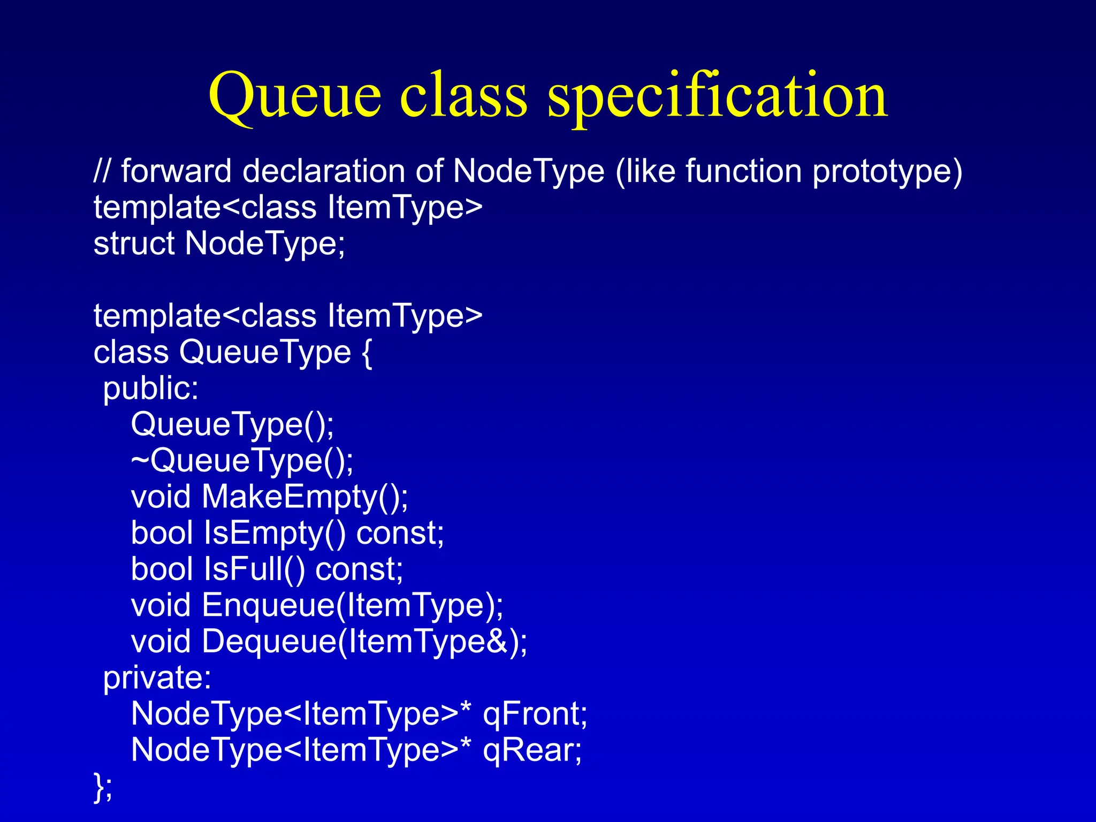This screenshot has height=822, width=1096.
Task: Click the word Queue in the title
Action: pos(295,96)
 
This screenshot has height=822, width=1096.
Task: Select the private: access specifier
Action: pos(157,678)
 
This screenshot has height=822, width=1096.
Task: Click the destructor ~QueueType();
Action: pos(242,461)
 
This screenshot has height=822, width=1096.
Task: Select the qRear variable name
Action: pos(532,750)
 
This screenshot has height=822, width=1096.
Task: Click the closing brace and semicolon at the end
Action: pos(103,787)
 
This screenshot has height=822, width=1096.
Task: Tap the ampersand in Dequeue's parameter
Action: pos(497,642)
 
